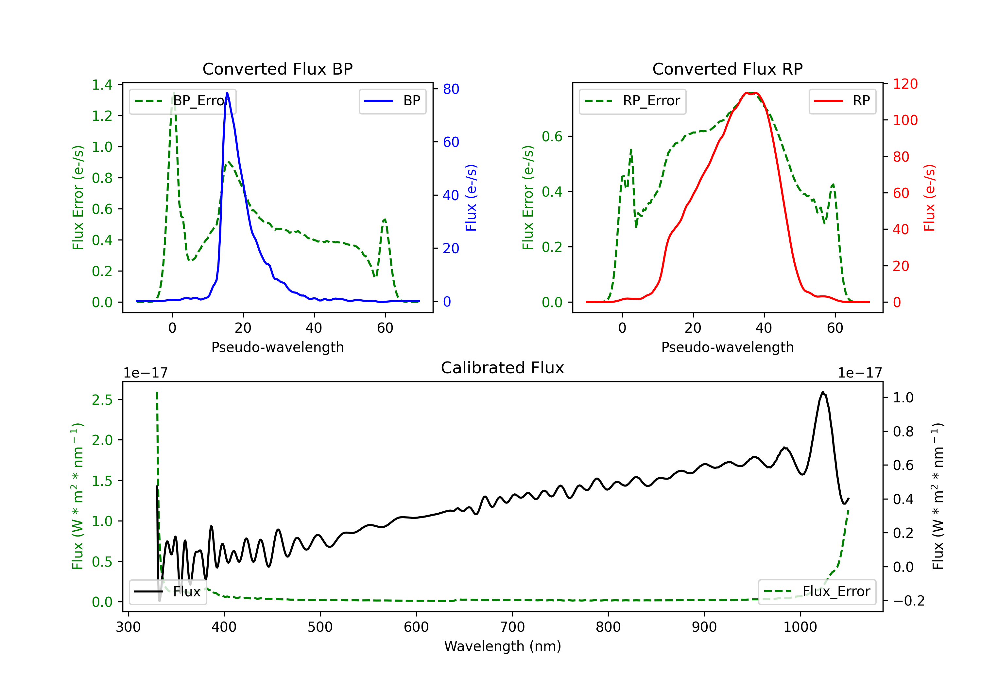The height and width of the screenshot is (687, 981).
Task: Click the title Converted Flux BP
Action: (x=277, y=69)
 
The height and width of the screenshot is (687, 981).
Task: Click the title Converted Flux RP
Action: (x=727, y=69)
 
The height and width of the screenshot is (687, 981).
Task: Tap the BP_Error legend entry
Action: (x=183, y=101)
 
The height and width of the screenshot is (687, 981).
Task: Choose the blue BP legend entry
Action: (x=392, y=101)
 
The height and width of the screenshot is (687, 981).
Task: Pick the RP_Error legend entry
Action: (x=632, y=101)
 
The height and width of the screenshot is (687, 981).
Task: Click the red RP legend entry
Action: (x=842, y=101)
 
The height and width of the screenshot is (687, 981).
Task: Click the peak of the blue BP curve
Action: (x=227, y=93)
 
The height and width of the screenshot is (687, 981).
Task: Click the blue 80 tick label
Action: (x=451, y=89)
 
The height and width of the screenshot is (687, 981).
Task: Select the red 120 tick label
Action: (x=905, y=84)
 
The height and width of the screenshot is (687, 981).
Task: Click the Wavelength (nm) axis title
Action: (x=503, y=646)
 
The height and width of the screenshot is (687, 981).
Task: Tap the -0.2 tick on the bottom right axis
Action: (x=908, y=601)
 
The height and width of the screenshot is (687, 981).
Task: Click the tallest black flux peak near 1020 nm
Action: (x=822, y=392)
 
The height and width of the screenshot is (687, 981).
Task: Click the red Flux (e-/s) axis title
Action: (x=929, y=198)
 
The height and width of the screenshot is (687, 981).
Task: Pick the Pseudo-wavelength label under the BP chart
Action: (x=277, y=347)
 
